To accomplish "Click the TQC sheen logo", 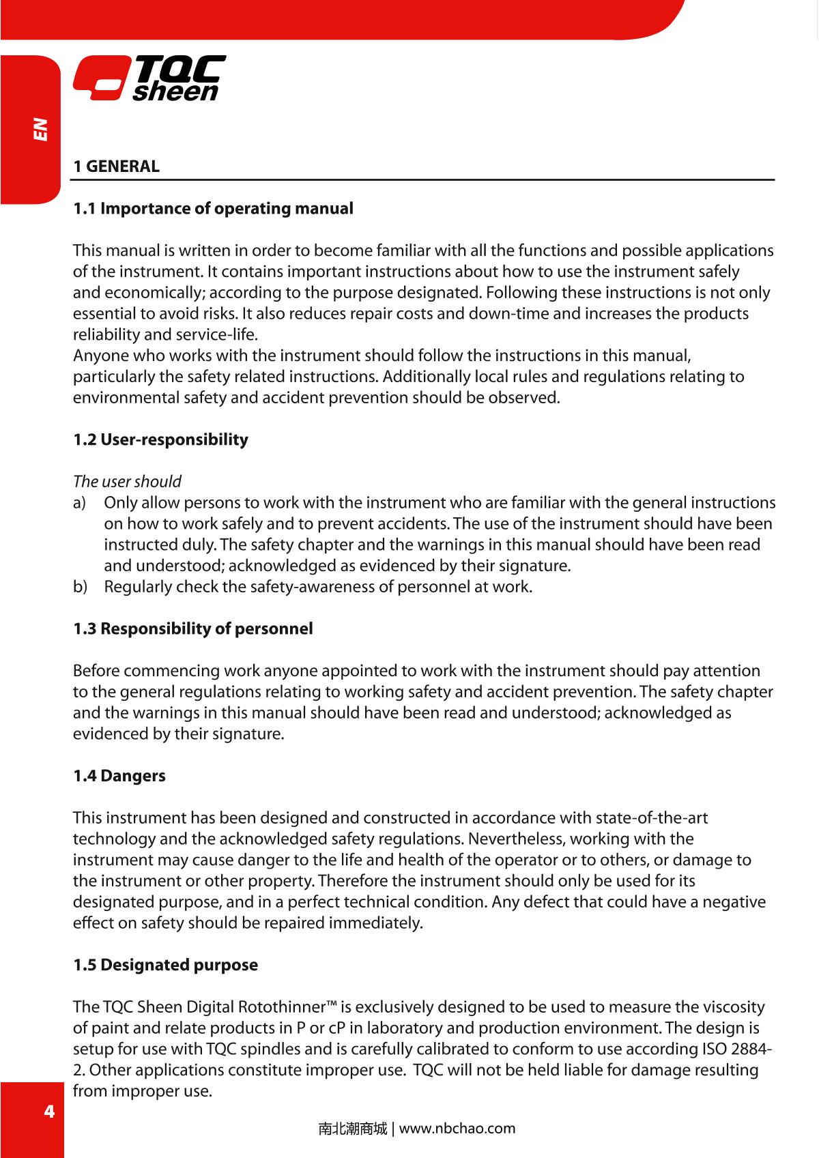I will [149, 78].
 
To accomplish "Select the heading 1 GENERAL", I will [117, 166].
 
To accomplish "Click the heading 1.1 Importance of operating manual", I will [214, 208].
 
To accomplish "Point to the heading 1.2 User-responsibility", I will [161, 439].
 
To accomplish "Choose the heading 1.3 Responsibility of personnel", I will [193, 628].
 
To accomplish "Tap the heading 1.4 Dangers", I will [119, 776].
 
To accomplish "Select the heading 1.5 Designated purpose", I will [166, 965].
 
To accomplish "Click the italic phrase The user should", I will [128, 482].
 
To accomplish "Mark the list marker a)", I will [80, 503].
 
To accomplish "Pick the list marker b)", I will [80, 587].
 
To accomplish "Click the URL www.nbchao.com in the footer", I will [457, 1128].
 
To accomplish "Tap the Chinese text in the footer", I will [352, 1129].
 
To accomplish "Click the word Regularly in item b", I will [138, 587].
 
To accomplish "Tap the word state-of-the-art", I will [652, 817].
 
